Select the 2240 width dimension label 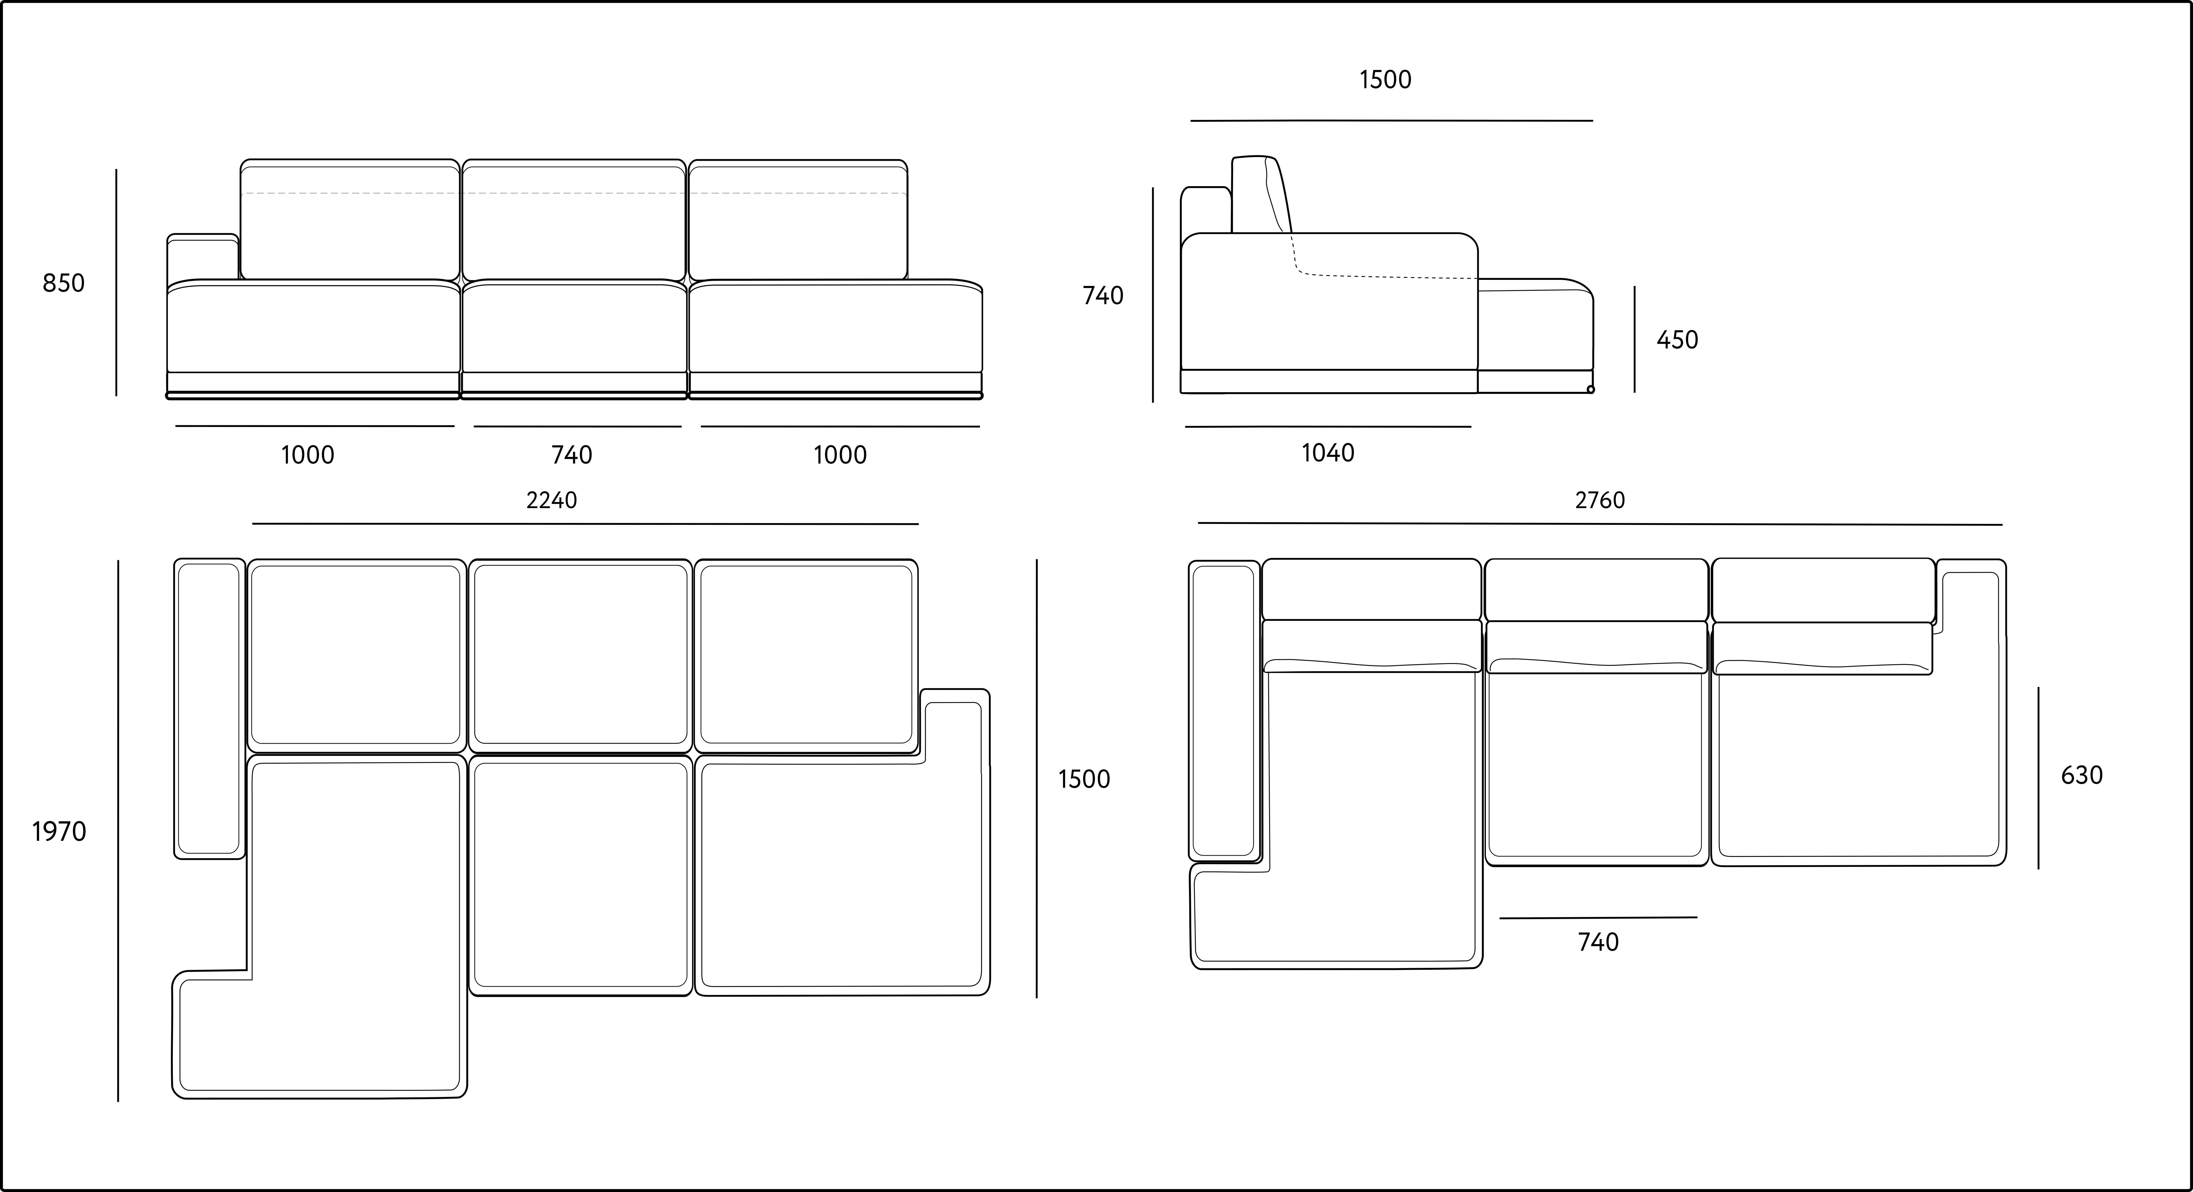pyautogui.click(x=552, y=500)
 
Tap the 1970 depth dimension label pyautogui.click(x=60, y=831)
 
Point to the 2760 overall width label pyautogui.click(x=1600, y=500)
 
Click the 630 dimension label pyautogui.click(x=2082, y=775)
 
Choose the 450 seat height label pyautogui.click(x=1677, y=340)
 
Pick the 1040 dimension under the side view pyautogui.click(x=1328, y=453)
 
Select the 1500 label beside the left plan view pyautogui.click(x=1084, y=779)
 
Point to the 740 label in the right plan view pyautogui.click(x=1598, y=942)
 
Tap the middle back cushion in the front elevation pyautogui.click(x=574, y=219)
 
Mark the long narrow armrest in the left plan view pyautogui.click(x=209, y=709)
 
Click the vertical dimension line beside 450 pyautogui.click(x=1634, y=340)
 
